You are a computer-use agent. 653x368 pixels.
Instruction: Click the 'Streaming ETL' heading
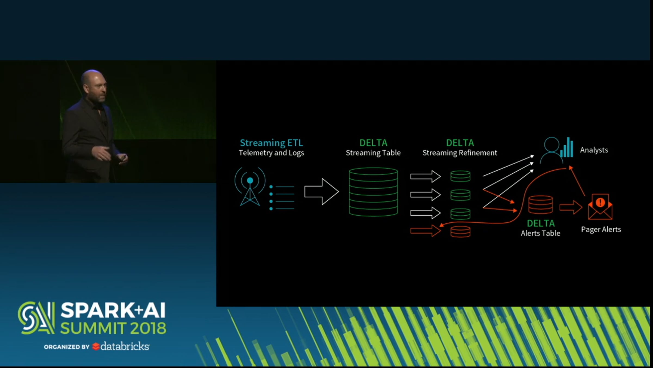271,143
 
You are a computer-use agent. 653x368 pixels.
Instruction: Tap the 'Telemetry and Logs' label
271,153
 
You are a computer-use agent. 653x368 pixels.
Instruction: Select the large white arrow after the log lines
321,192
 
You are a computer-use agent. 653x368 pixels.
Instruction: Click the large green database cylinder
373,192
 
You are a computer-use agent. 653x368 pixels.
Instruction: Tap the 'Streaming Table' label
373,153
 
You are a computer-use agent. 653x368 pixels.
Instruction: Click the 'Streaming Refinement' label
460,153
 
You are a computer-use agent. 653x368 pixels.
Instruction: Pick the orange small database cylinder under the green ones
460,232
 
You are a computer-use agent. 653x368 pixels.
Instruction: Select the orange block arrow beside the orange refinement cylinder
426,231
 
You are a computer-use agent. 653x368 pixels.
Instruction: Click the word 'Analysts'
594,150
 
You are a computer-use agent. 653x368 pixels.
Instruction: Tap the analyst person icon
552,150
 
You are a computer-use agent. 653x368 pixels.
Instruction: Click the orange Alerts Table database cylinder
540,204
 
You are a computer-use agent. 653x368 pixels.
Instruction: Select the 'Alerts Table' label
540,233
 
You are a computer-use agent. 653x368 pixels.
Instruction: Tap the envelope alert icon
600,207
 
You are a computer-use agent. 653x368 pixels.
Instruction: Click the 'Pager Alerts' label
601,230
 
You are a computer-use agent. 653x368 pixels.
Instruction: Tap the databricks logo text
125,346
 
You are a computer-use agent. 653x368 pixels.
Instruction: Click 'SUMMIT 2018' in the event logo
113,328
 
